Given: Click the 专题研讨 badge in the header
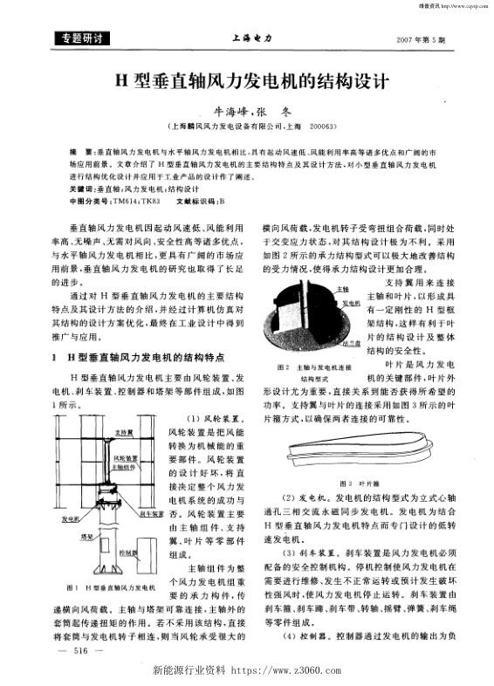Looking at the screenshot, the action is [78, 39].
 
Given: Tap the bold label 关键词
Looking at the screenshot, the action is [81, 189].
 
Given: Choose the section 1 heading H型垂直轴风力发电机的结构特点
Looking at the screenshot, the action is [148, 356].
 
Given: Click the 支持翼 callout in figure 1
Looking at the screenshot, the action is [123, 433].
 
